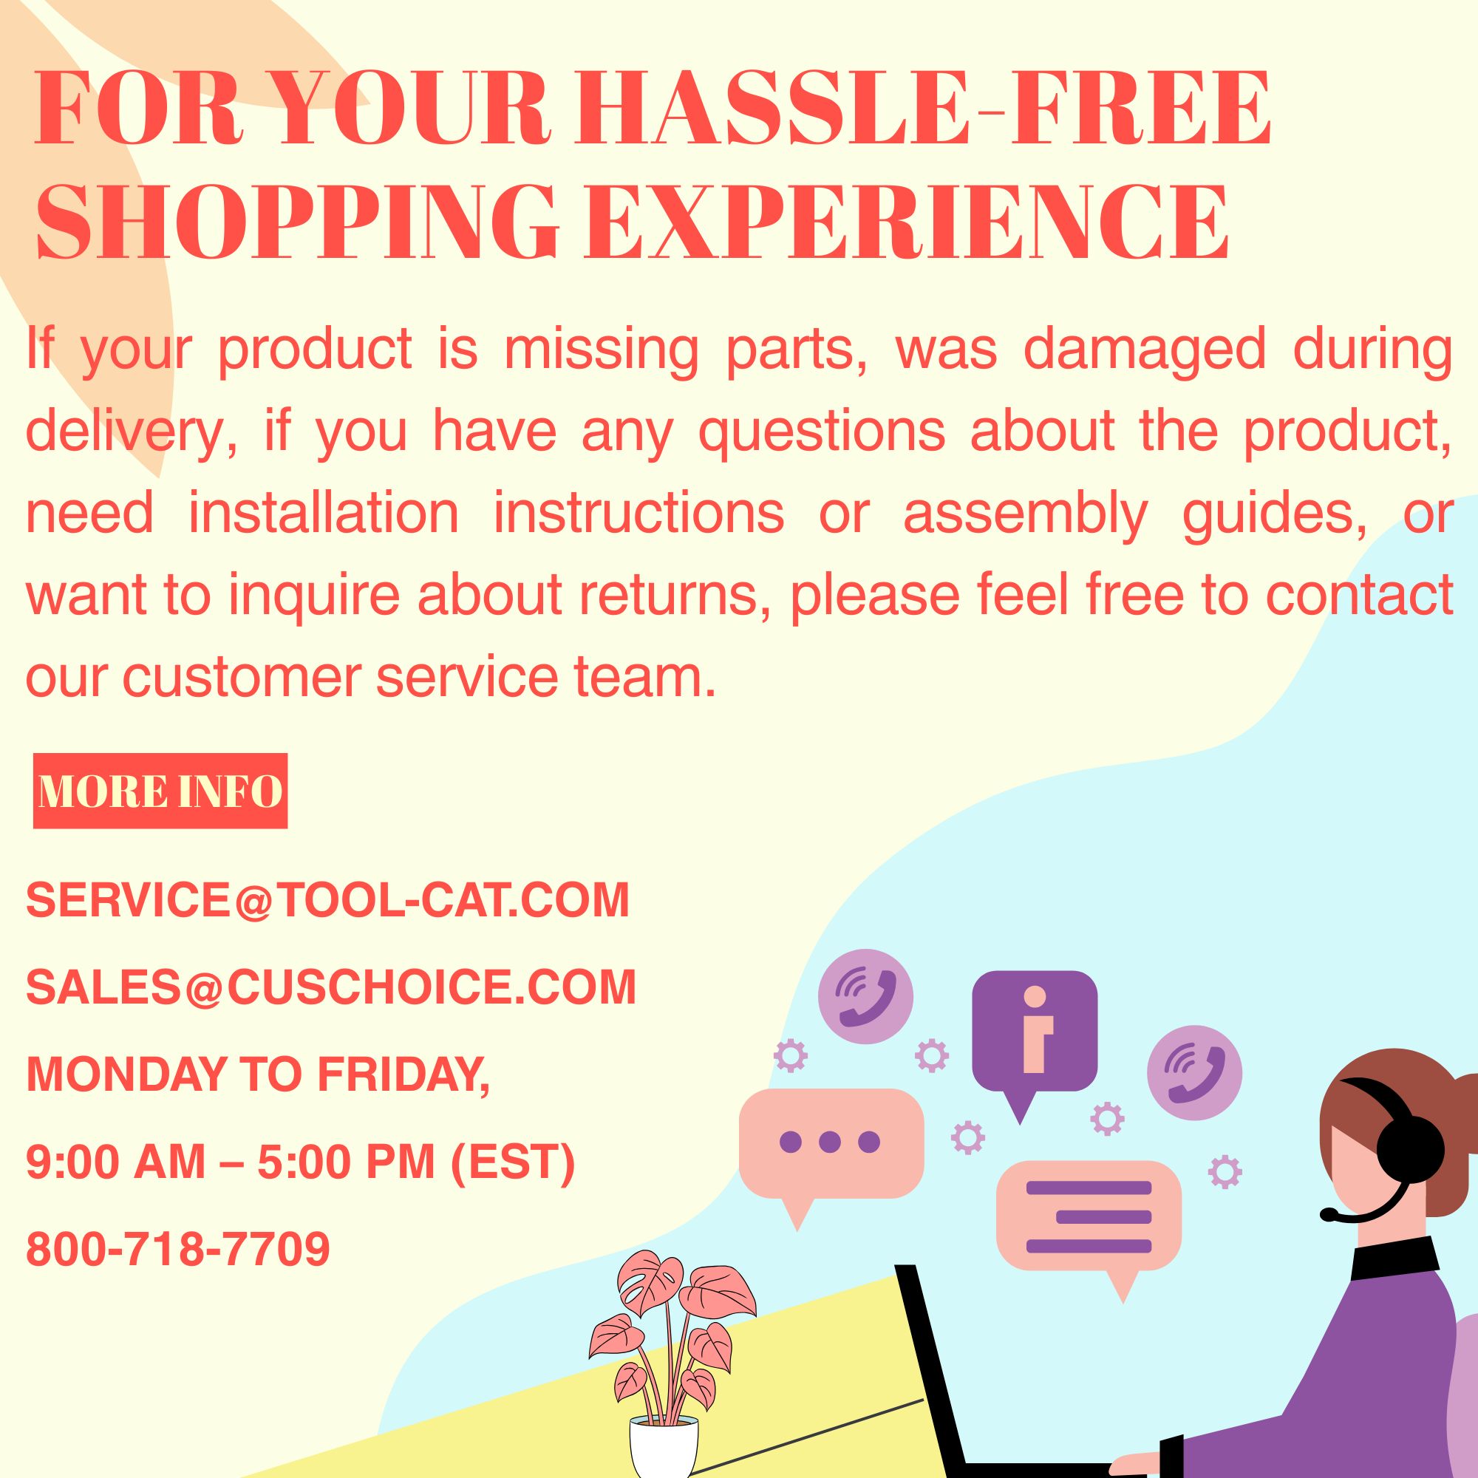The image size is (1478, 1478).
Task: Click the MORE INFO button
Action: [160, 791]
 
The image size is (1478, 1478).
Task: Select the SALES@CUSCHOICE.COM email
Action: [331, 987]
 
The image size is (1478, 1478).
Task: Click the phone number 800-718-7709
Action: [178, 1248]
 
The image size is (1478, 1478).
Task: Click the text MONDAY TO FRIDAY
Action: [258, 1074]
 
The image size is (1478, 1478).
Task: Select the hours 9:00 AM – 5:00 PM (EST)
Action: [301, 1161]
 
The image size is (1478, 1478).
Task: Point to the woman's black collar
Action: [1397, 1257]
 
